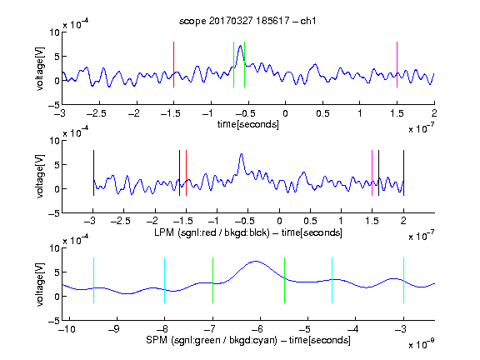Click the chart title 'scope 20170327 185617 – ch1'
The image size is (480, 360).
coord(247,21)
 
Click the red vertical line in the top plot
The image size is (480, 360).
coord(173,65)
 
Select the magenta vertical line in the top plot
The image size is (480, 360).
coord(397,65)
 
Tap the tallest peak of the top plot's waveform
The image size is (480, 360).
coord(241,46)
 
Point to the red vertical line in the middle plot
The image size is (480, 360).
coord(186,173)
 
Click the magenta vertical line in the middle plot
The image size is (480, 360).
coord(372,173)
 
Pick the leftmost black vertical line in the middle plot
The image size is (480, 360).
coord(93,173)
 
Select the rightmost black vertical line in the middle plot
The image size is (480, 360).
coord(403,173)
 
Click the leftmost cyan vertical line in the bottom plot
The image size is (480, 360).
coord(93,280)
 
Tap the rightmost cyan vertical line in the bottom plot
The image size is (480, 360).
coord(403,280)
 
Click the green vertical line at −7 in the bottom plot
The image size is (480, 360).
coord(212,280)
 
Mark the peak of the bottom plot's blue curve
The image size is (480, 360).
coord(256,261)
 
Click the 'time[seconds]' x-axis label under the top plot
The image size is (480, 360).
coord(248,124)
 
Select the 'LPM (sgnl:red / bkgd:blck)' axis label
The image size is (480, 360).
coord(212,232)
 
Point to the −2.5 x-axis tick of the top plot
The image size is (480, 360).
coord(97,113)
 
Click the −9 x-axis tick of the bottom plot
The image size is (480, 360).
coord(114,329)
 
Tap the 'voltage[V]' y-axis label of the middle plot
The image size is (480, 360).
coord(40,177)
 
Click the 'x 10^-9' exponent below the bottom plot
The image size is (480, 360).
coord(421,343)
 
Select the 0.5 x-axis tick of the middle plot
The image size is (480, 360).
coord(310,221)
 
